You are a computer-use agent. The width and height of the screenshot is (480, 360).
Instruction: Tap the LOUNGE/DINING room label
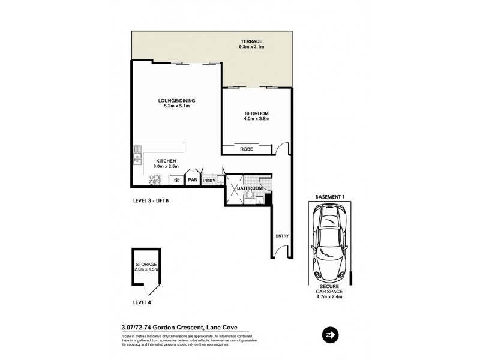[x=176, y=100]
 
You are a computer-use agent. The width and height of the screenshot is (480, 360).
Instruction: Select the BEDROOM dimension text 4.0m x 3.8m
[x=256, y=119]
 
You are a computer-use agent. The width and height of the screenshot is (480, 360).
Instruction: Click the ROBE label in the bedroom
[x=246, y=148]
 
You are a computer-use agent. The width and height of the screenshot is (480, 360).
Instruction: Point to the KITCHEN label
[x=166, y=161]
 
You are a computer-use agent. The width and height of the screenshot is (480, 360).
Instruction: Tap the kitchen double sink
[x=137, y=152]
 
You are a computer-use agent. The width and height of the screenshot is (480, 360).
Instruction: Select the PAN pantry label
[x=193, y=180]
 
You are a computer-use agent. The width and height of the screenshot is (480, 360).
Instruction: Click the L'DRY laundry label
[x=209, y=181]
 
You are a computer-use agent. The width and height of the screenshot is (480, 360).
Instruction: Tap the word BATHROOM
[x=250, y=188]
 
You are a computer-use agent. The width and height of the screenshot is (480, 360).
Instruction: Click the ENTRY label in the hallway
[x=282, y=236]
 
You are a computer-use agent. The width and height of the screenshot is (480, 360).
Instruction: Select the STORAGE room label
[x=146, y=264]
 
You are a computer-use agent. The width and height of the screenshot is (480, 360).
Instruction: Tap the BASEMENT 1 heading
[x=329, y=197]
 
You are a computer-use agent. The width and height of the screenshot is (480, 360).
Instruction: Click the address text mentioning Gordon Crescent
[x=179, y=327]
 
